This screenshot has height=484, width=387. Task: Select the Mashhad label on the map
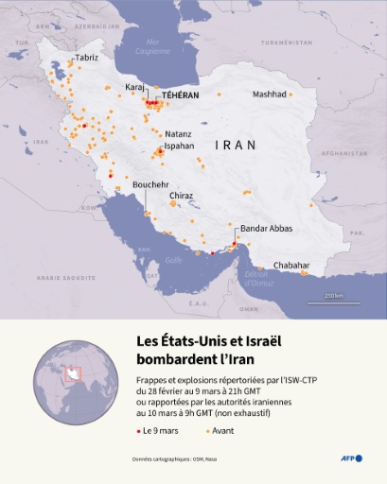coord(269,95)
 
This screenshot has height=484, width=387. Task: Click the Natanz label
coord(178,134)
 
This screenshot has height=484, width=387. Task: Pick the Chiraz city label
coord(181,196)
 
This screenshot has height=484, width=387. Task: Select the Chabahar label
coord(291,266)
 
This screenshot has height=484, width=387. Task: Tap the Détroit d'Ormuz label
coord(258,277)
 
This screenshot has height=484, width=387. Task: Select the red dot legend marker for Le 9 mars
coord(136,431)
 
